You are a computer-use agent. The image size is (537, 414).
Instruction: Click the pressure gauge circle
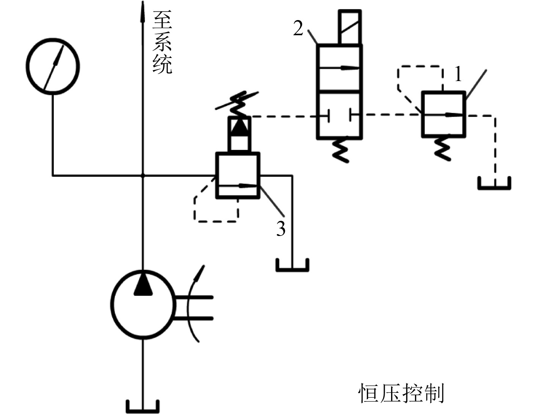[x=53, y=65]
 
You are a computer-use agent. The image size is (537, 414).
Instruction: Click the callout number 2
[x=298, y=28]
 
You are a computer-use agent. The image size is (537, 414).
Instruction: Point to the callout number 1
[x=458, y=74]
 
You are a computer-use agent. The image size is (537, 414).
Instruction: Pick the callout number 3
[x=280, y=228]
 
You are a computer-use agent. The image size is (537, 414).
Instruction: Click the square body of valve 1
[x=443, y=114]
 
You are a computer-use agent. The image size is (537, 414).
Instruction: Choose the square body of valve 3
[x=238, y=175]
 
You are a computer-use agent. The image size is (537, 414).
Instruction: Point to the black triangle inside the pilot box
[x=239, y=128]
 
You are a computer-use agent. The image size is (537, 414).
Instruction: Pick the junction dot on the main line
[x=143, y=176]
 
